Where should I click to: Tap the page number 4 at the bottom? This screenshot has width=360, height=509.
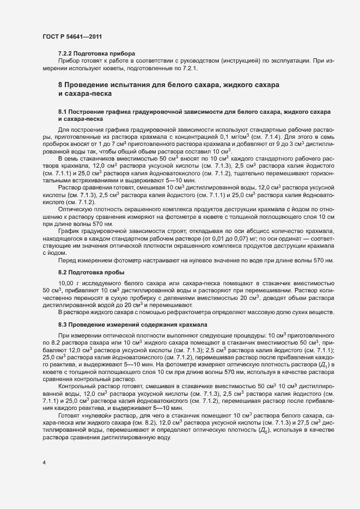coord(44,462)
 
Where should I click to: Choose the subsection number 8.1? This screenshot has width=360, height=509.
coord(62,112)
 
